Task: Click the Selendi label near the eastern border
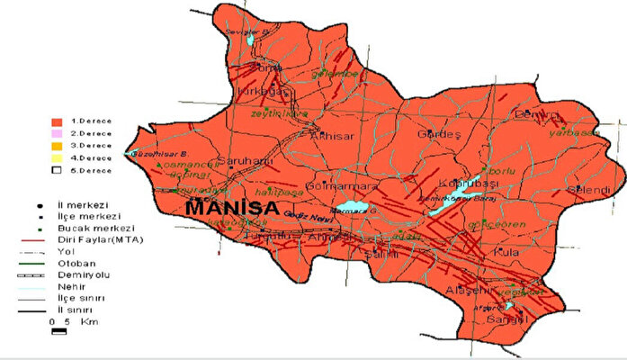point(590,190)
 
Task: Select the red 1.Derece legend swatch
point(56,119)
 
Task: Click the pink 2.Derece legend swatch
point(56,131)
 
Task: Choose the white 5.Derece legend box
point(56,169)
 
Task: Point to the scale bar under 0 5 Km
point(59,332)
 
